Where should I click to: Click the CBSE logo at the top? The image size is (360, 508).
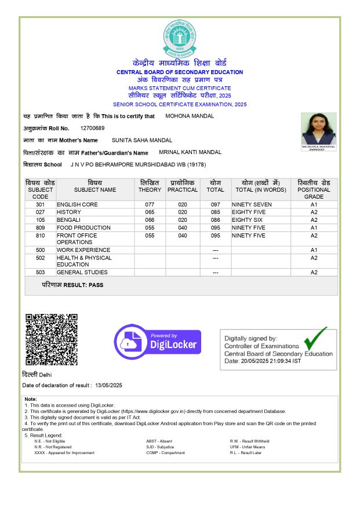pos(180,36)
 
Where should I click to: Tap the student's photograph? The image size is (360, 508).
pos(318,129)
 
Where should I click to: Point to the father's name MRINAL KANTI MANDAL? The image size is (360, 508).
pos(190,152)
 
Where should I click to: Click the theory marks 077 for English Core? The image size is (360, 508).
pos(150,204)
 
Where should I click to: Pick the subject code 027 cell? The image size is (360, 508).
pos(40,212)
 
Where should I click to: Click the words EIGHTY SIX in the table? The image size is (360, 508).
pos(247,220)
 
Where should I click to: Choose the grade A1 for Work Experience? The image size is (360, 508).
pos(314,250)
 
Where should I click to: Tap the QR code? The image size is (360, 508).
pos(51,339)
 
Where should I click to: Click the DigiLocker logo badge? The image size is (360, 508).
pos(157,342)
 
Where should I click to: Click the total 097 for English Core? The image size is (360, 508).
pos(215,204)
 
